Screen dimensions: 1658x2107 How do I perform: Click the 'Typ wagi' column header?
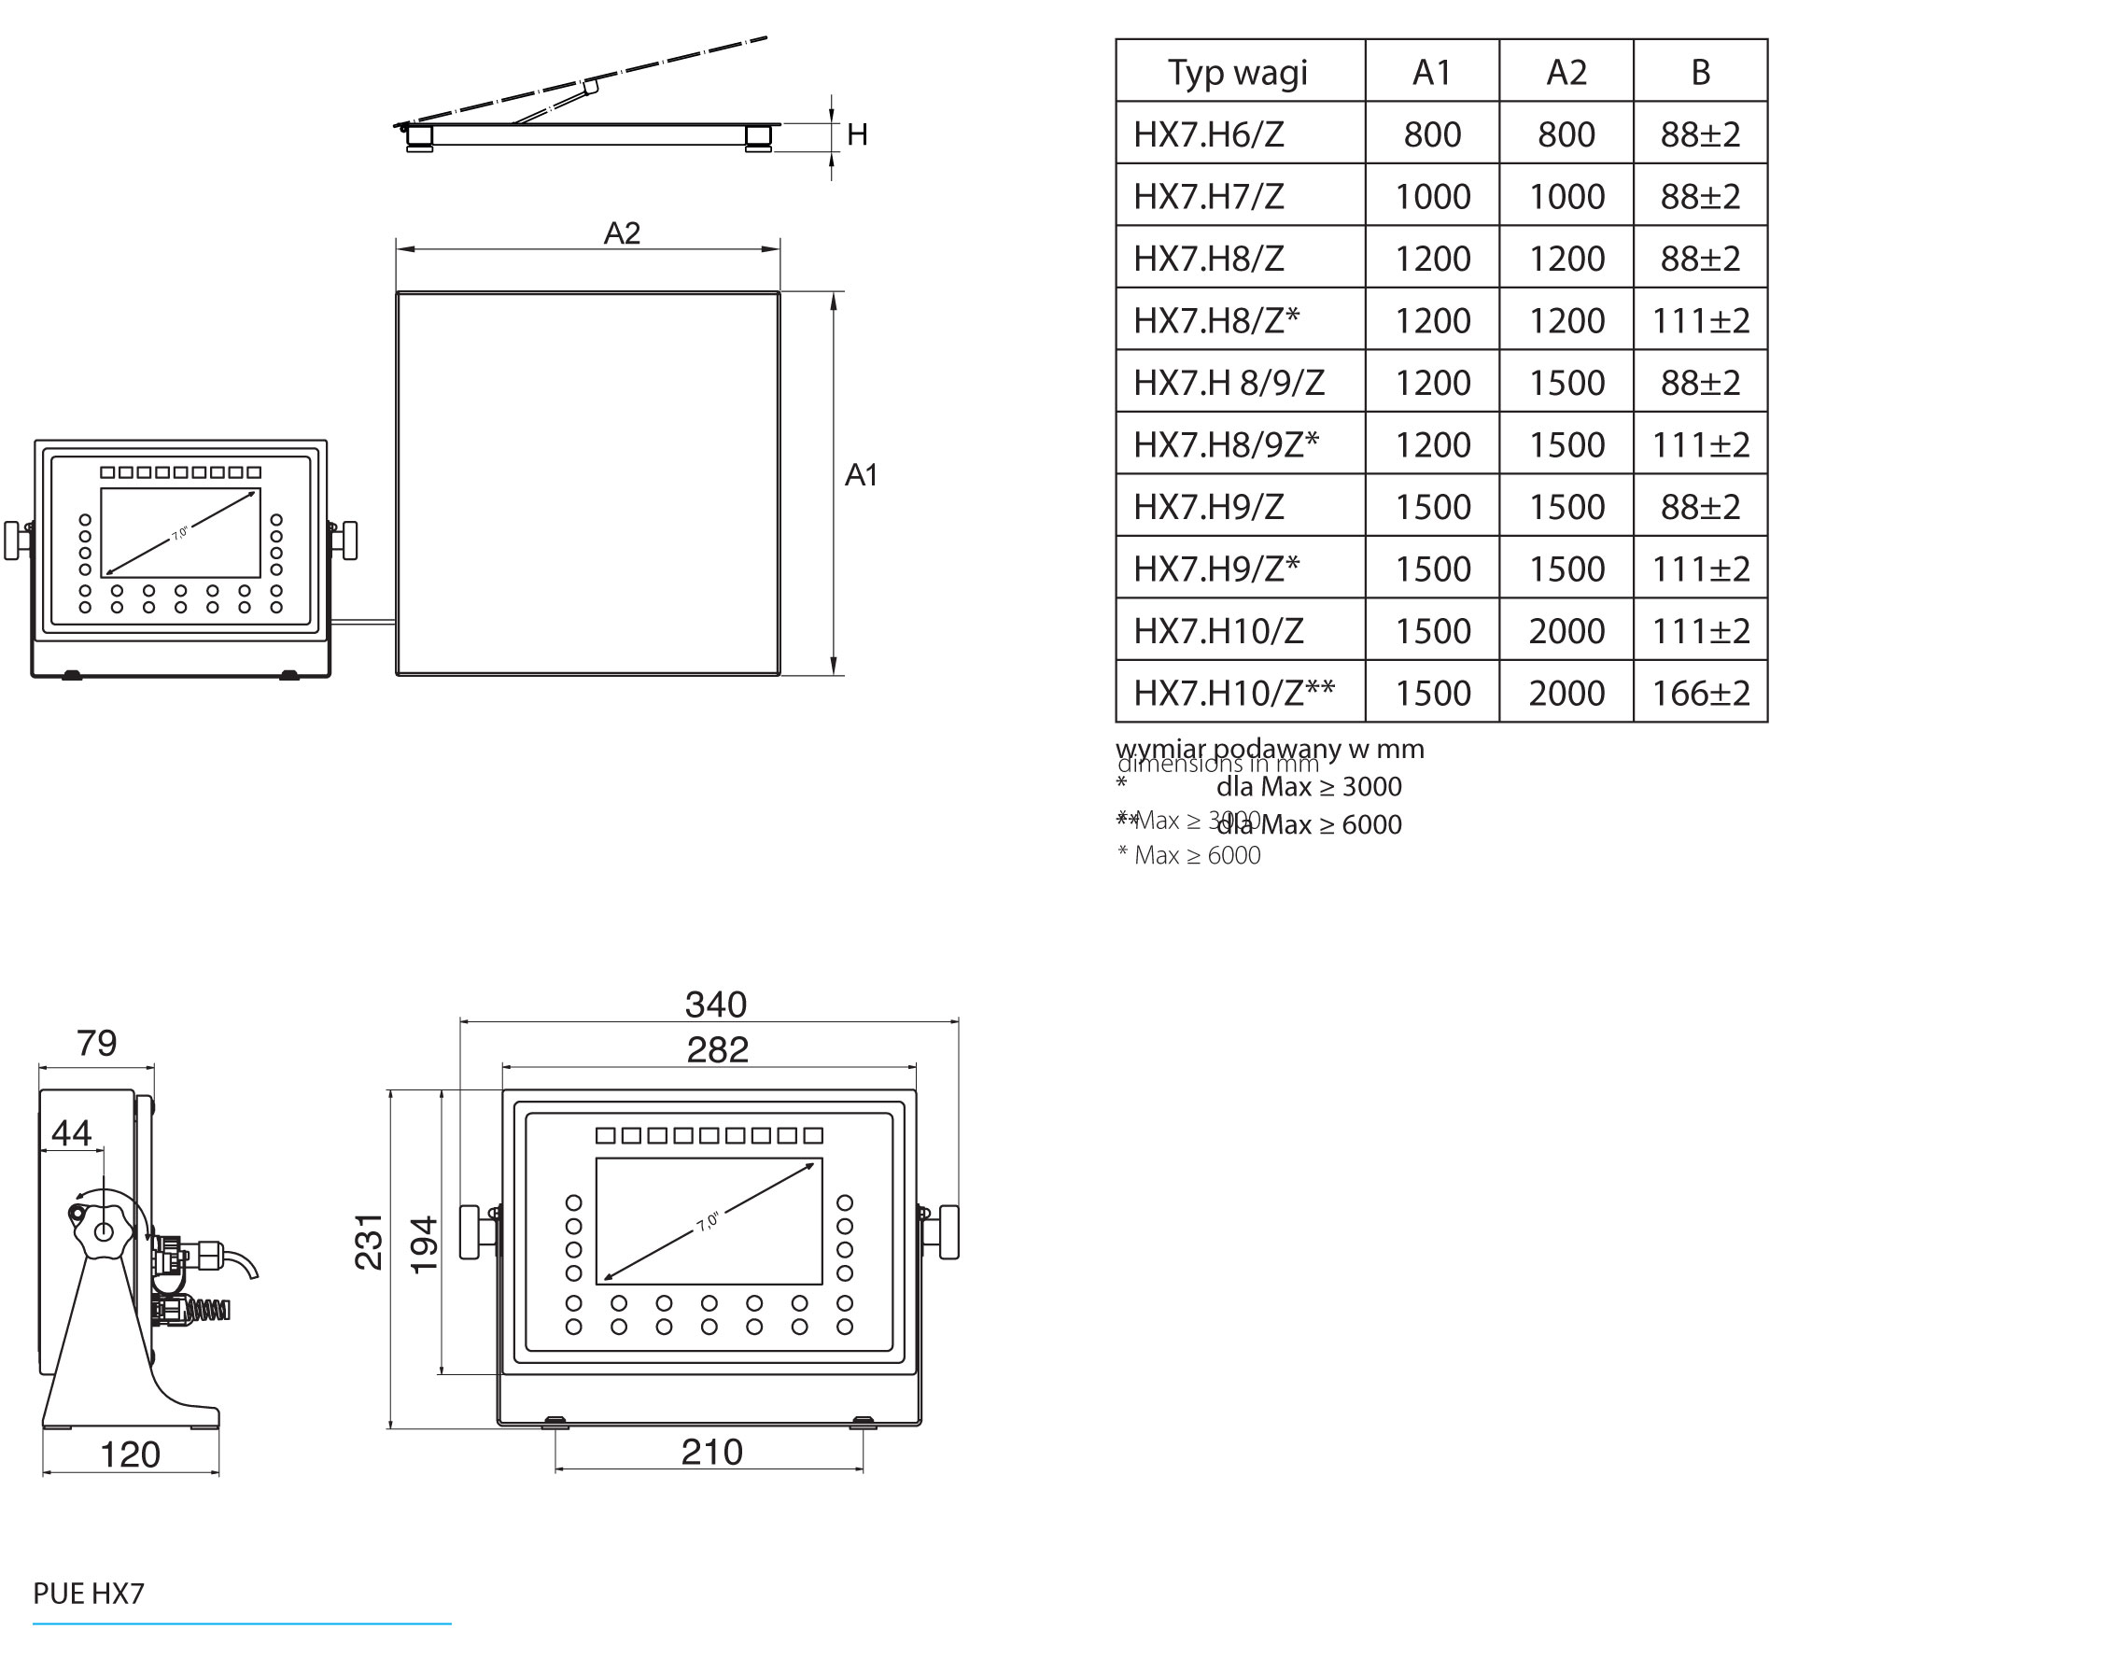1238,72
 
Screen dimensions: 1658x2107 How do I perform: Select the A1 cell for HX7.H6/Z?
1431,133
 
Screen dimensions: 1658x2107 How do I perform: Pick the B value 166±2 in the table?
1699,693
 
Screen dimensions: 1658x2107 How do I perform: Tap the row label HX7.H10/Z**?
1233,693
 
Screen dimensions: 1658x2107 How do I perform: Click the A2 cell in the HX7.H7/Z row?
1566,196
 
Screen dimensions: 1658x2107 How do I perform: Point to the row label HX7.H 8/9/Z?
1228,383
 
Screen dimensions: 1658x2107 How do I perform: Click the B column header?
1699,72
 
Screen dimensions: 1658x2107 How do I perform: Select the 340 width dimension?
715,1004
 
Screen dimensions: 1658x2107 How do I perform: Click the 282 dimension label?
717,1049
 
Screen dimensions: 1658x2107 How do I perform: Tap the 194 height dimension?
424,1244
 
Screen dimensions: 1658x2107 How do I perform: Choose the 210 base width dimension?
711,1452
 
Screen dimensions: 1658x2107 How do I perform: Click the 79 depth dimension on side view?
96,1043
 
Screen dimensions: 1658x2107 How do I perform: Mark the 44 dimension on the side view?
71,1131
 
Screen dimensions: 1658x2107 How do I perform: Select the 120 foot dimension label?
130,1454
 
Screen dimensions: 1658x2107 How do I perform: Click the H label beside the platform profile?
856,135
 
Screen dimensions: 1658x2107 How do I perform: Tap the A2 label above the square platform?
621,233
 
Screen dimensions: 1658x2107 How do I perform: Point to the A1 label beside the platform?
861,474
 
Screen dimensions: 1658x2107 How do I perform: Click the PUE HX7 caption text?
89,1593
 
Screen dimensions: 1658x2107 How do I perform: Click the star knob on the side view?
101,1230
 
